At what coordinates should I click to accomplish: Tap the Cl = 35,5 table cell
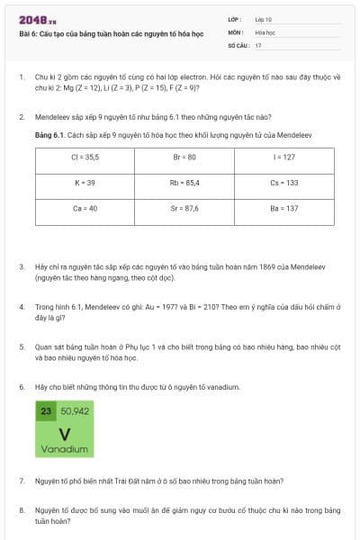point(84,157)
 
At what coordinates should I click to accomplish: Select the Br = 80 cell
point(184,157)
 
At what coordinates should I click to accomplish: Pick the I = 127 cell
point(283,157)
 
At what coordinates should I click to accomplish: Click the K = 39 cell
point(84,183)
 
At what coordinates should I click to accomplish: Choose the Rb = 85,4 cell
point(184,183)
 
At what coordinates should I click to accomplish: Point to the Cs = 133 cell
point(283,183)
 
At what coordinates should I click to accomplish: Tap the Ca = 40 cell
point(84,208)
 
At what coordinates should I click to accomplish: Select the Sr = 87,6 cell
point(184,208)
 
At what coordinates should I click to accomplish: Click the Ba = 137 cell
point(283,208)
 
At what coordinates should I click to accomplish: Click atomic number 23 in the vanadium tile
point(46,410)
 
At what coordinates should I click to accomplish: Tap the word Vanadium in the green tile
point(64,448)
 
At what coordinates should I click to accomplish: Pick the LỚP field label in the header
point(235,19)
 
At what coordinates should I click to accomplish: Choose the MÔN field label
point(236,31)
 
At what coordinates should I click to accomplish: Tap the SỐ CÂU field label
point(238,44)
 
